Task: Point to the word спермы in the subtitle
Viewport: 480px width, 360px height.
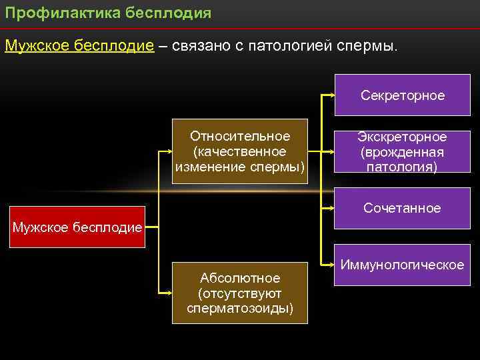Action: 366,46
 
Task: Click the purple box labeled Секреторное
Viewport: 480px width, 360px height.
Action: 402,95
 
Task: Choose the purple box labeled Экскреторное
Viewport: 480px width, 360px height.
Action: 402,151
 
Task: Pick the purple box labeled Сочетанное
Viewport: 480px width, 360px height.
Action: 402,209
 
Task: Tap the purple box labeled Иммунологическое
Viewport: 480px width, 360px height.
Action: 402,265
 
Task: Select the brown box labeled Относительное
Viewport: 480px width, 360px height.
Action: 240,151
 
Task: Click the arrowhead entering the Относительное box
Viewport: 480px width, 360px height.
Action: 169,151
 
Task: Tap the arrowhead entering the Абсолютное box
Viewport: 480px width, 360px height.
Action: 169,293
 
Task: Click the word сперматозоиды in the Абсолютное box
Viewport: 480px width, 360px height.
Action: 240,309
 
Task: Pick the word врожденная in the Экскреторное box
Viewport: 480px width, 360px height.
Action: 402,152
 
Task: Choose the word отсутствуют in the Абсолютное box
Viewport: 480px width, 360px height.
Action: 241,293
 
